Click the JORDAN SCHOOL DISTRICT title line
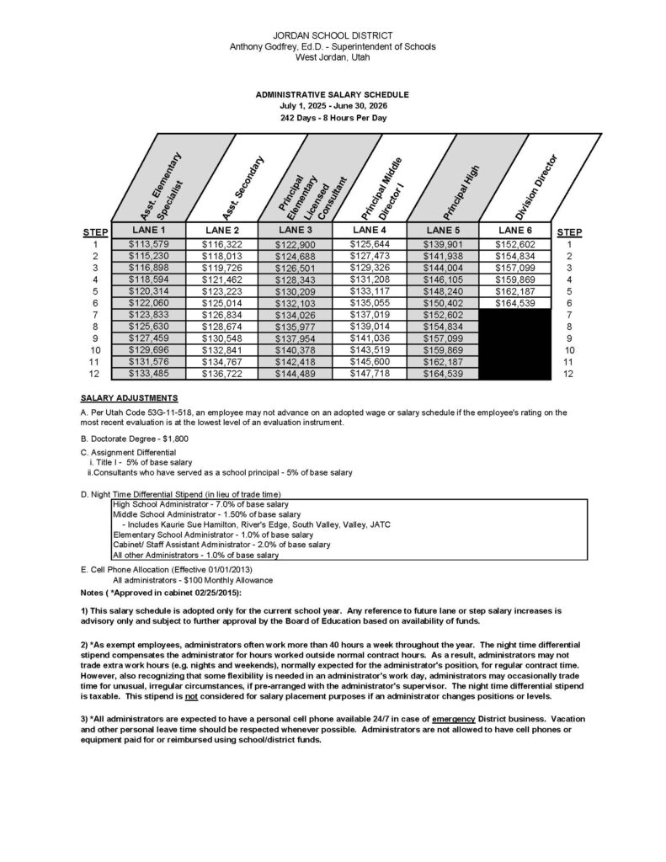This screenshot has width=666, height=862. [333, 35]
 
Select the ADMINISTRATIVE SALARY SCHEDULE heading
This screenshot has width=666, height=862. [333, 95]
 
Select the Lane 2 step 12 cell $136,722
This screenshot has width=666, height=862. [221, 374]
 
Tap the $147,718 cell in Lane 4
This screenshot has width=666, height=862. [369, 374]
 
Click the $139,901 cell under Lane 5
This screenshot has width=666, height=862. [442, 244]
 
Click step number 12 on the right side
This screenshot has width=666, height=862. [570, 374]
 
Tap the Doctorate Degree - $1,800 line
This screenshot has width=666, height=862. [134, 439]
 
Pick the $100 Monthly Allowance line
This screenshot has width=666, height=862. [180, 581]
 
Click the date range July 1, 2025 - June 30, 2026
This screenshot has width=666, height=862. [333, 107]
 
